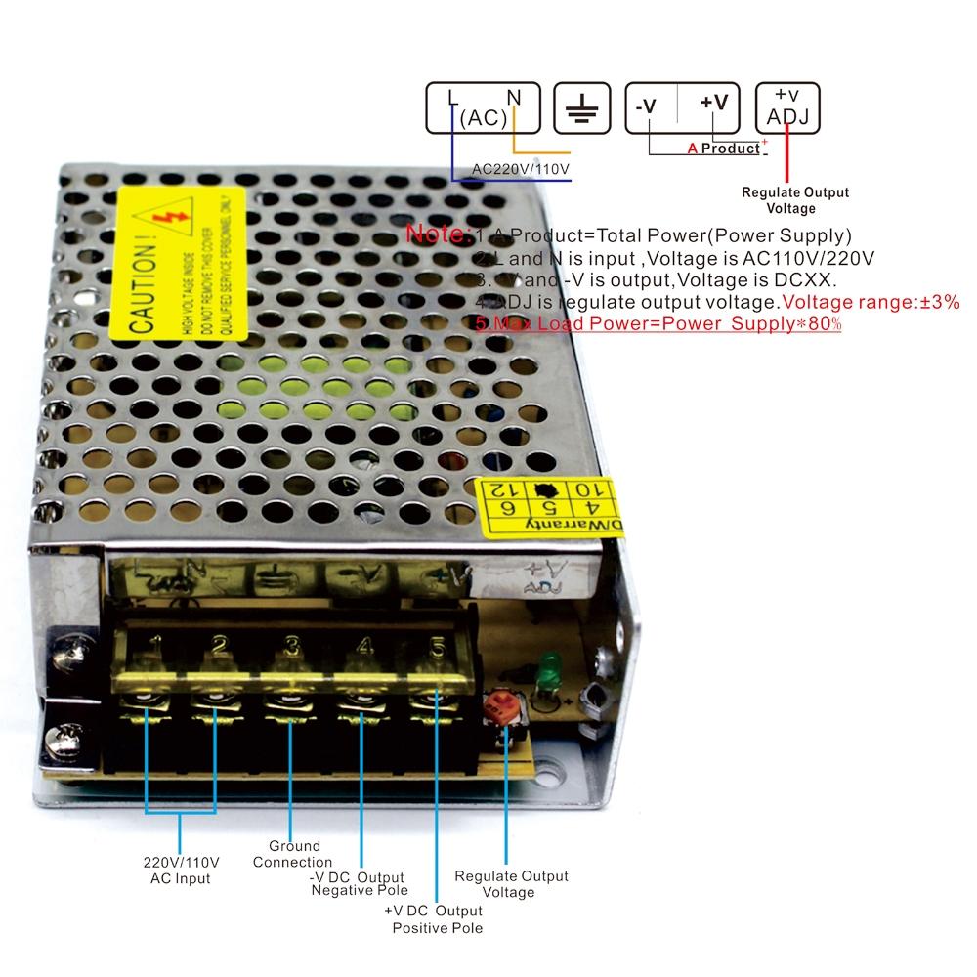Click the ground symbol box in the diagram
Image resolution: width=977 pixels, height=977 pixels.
(x=582, y=107)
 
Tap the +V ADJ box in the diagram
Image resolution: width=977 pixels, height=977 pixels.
(x=787, y=107)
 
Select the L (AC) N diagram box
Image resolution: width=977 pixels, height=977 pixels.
(x=485, y=107)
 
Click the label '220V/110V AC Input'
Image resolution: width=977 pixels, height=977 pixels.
(x=181, y=871)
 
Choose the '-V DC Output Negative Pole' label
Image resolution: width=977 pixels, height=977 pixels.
(x=358, y=884)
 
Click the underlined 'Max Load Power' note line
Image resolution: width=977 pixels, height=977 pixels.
(x=658, y=323)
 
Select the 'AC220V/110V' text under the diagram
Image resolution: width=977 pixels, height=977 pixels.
(x=520, y=169)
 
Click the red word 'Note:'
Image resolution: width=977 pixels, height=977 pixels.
(x=439, y=234)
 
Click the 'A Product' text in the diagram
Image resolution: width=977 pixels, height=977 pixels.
(x=723, y=149)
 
